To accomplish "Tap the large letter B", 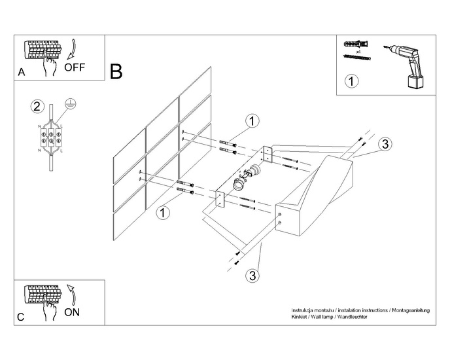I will click(x=116, y=71).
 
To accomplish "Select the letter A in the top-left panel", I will click(x=22, y=74).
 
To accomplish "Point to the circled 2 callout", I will click(x=37, y=106).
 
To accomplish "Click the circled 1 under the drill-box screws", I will click(x=351, y=81).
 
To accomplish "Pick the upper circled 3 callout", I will click(x=385, y=144).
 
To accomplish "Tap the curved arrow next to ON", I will click(x=71, y=293).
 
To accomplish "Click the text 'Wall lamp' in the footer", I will click(x=322, y=316).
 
